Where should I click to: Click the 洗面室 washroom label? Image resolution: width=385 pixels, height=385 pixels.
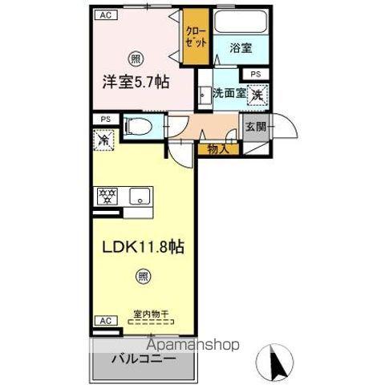point(230,94)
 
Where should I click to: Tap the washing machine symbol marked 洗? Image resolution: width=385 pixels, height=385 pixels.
point(258,95)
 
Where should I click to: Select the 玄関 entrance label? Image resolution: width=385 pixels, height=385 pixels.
point(256,126)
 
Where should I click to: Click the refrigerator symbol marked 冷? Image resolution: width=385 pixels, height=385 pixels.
point(103,140)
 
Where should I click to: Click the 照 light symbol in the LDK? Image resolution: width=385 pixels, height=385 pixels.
point(141,278)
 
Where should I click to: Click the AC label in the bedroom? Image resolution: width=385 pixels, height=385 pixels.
point(104,14)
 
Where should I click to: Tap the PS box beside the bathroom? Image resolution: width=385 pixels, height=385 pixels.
point(254,74)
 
